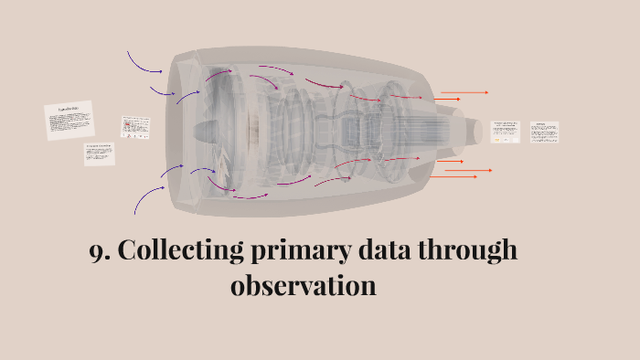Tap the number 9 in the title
click(96, 251)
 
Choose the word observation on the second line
click(304, 285)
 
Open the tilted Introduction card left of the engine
click(69, 121)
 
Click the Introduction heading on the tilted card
click(69, 111)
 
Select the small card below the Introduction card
click(100, 154)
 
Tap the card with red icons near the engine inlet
click(135, 127)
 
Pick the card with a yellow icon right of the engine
click(505, 131)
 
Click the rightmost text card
click(544, 132)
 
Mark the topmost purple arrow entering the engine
click(144, 62)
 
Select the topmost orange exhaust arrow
click(464, 92)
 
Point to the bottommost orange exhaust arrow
click(454, 176)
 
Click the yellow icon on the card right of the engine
click(496, 141)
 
